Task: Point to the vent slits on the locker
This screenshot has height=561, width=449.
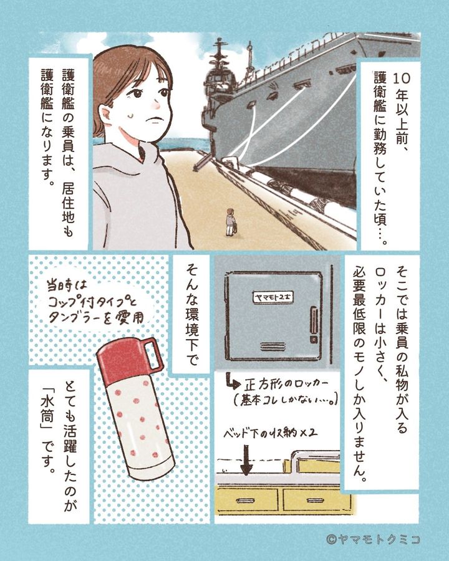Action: point(273,347)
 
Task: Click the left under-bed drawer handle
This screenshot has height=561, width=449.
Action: point(246,500)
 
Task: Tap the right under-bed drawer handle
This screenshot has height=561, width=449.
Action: point(316,500)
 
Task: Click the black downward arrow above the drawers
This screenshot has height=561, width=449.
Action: point(247,460)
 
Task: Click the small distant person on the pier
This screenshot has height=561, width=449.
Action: point(230,222)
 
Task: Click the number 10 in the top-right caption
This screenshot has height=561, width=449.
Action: point(402,79)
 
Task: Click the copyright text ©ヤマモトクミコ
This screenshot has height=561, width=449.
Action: point(373,539)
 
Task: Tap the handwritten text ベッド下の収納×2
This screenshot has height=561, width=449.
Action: point(271,434)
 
